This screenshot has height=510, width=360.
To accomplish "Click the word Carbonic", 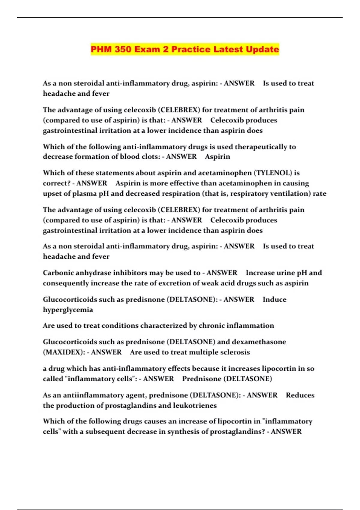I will (58, 273).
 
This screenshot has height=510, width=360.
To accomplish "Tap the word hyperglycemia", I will (68, 310).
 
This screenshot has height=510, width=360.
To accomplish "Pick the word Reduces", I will (300, 395).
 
